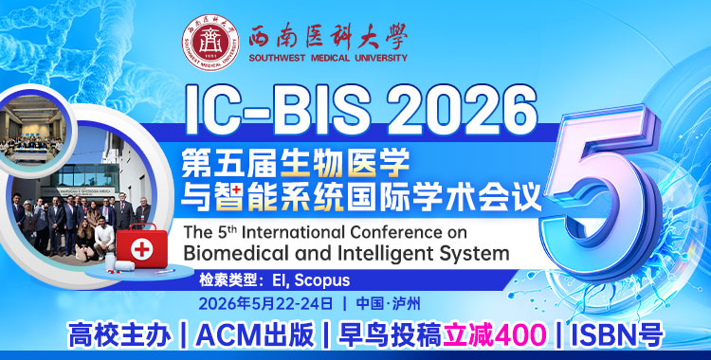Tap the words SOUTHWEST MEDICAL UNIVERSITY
[x=327, y=58]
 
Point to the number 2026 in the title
[x=449, y=107]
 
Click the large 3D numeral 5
[x=597, y=186]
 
